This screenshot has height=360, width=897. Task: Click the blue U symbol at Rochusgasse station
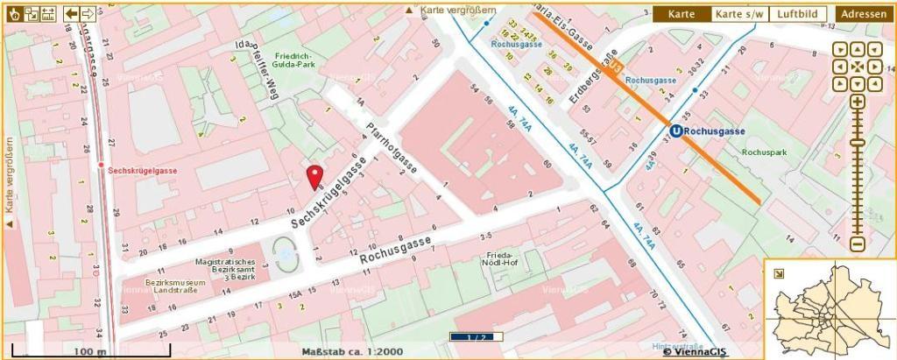pyautogui.click(x=675, y=131)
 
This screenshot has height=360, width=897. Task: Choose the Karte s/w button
pyautogui.click(x=740, y=14)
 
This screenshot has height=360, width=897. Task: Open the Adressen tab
pyautogui.click(x=864, y=14)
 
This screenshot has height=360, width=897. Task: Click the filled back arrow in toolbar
pyautogui.click(x=71, y=13)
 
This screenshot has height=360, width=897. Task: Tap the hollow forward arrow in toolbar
pyautogui.click(x=88, y=13)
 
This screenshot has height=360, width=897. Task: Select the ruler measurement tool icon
pyautogui.click(x=47, y=13)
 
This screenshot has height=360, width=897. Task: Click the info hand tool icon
pyautogui.click(x=14, y=13)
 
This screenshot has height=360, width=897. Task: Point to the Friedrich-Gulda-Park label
pyautogui.click(x=293, y=60)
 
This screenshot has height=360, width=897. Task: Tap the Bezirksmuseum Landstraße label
pyautogui.click(x=175, y=288)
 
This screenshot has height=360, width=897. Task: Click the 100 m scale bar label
pyautogui.click(x=88, y=351)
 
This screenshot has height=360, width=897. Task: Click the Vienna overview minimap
pyautogui.click(x=830, y=309)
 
